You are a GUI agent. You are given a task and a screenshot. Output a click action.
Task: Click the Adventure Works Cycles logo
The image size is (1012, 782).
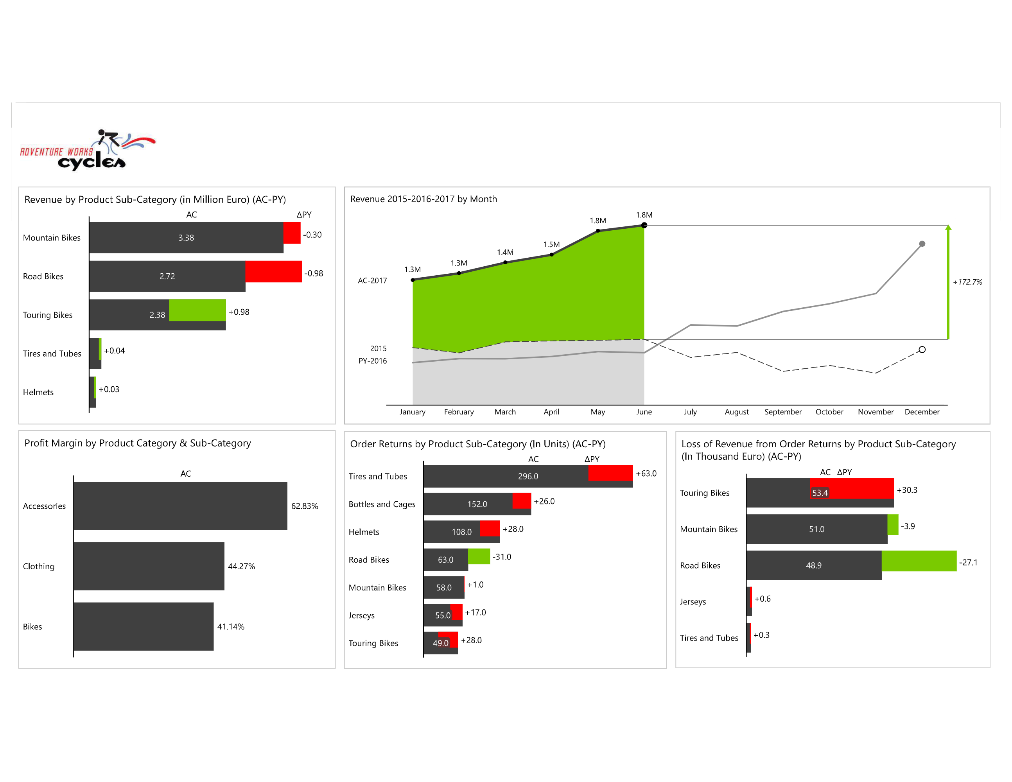coord(88,151)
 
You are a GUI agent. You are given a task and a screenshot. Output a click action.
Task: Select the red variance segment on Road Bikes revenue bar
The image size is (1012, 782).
coord(273,271)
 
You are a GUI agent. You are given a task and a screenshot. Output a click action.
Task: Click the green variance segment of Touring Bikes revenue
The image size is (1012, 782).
coord(197,310)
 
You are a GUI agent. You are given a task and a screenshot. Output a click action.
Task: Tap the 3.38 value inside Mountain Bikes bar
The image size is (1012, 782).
coord(186,238)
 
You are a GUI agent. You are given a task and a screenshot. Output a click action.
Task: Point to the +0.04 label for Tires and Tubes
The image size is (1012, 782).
coord(114,351)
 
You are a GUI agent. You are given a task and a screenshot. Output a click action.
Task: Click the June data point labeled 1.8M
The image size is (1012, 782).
coord(644,225)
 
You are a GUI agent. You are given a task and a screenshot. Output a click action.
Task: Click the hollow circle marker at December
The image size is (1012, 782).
coord(922,350)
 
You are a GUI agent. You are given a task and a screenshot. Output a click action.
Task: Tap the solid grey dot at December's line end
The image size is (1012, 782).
coord(922,244)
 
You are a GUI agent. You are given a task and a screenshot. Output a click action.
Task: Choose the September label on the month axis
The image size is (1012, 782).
coord(782,412)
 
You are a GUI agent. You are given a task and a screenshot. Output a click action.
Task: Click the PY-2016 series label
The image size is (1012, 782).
coord(373,361)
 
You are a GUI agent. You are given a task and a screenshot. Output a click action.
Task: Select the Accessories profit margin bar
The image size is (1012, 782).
coord(180,506)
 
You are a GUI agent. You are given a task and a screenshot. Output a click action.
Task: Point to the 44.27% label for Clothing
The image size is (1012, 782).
coord(241,566)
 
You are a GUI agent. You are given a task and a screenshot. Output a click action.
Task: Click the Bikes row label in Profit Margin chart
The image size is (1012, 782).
coord(32,626)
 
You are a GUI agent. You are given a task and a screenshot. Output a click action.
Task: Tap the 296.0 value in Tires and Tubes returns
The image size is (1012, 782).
coord(528,476)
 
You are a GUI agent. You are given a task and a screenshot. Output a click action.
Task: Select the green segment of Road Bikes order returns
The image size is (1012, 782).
coord(479,556)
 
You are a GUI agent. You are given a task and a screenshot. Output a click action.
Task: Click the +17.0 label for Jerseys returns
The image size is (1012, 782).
coord(475,612)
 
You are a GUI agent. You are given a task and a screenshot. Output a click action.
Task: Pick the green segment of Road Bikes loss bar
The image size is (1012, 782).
coord(919,561)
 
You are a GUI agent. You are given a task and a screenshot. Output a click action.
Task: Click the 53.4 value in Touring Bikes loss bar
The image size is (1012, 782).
coord(820,493)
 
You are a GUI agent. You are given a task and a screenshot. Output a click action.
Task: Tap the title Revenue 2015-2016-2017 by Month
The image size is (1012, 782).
coord(423,199)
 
